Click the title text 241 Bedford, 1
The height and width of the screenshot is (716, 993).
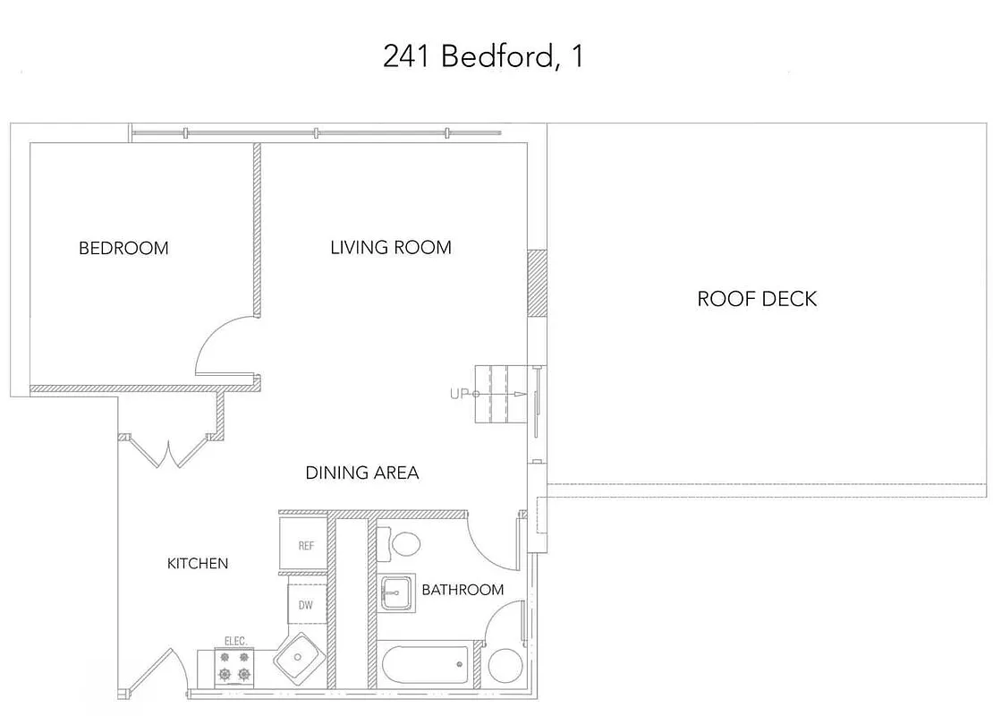(x=483, y=56)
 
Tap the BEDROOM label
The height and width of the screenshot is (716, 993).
(x=123, y=248)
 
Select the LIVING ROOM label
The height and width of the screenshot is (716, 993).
(x=391, y=247)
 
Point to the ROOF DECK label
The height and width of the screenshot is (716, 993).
(x=757, y=299)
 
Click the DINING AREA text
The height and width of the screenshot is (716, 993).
(x=362, y=473)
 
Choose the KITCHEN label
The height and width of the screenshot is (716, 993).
(x=198, y=563)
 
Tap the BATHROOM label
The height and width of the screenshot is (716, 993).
(x=463, y=590)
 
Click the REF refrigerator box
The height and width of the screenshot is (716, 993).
(x=306, y=545)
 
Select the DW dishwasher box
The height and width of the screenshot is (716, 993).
(x=306, y=605)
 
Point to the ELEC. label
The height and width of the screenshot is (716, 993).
(x=234, y=642)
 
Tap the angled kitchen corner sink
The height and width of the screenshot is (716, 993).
(x=298, y=659)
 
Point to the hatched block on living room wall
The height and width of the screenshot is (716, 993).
(x=537, y=283)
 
